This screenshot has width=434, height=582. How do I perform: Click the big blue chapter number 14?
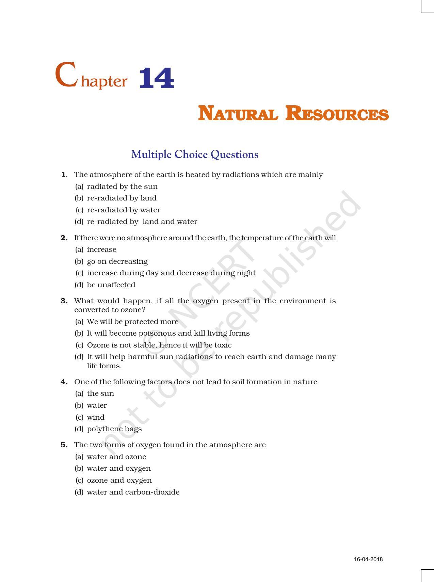(157, 79)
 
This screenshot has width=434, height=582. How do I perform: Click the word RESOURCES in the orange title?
(337, 114)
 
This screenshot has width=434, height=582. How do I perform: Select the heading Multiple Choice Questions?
(195, 155)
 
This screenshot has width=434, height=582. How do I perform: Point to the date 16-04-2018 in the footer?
(368, 560)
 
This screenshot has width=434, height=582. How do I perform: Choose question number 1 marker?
(64, 175)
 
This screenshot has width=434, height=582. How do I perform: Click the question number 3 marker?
(64, 301)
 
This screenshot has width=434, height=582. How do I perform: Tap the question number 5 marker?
(64, 445)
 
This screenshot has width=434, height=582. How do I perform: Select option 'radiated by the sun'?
(122, 187)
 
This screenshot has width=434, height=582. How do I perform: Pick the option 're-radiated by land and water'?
(142, 222)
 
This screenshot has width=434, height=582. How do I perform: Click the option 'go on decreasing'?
(117, 261)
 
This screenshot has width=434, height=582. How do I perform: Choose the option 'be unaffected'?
(111, 285)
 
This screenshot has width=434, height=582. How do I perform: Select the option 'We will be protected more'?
(132, 322)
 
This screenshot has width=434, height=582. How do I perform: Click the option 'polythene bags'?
(114, 429)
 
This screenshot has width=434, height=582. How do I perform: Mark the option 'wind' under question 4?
(96, 417)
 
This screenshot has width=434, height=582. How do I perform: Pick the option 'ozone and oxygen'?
(119, 480)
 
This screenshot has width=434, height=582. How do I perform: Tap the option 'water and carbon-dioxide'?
(133, 492)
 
